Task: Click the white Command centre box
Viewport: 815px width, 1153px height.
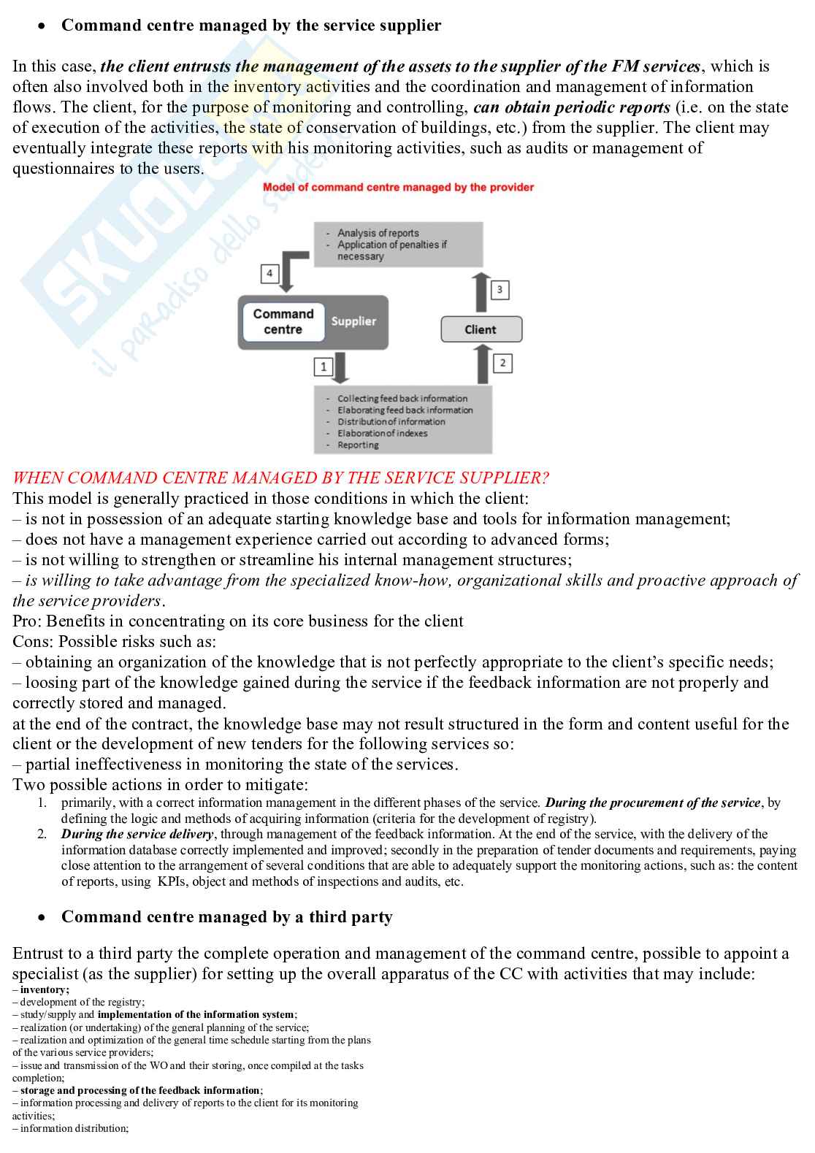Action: click(x=283, y=322)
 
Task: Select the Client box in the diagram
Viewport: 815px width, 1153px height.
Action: click(x=481, y=329)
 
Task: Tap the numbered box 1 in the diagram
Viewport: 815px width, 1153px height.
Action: click(x=324, y=366)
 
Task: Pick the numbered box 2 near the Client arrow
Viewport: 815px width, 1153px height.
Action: click(x=502, y=362)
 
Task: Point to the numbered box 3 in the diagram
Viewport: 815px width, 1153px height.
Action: click(x=500, y=290)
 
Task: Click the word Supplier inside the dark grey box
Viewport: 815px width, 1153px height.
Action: click(x=353, y=321)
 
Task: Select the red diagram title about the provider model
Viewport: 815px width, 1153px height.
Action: click(x=398, y=188)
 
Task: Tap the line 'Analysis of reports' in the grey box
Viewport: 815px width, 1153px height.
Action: click(x=378, y=233)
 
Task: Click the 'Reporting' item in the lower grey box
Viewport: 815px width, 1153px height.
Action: click(x=358, y=445)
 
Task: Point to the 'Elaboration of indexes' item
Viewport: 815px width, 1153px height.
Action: click(x=382, y=433)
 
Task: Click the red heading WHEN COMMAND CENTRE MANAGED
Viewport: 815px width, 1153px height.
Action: click(x=280, y=478)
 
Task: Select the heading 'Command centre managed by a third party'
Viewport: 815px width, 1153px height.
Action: click(x=226, y=917)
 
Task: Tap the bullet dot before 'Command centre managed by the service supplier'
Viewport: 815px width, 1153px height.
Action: click(x=44, y=26)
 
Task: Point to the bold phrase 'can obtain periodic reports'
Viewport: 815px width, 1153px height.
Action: click(x=571, y=107)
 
